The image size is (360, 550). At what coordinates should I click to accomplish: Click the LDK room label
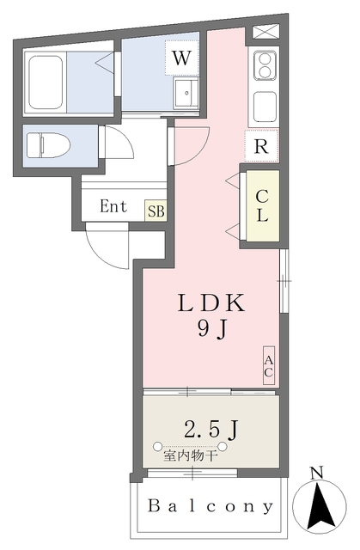211,302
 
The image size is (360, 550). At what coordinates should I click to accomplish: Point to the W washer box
180,58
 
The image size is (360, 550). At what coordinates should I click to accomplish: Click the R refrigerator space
261,145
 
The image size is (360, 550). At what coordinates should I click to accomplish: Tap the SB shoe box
156,210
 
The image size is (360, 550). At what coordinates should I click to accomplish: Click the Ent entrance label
113,207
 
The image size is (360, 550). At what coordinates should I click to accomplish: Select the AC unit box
269,367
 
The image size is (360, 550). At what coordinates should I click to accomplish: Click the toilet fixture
52,143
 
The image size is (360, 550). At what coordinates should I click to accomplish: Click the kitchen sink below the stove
263,107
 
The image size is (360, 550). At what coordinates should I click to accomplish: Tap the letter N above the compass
316,473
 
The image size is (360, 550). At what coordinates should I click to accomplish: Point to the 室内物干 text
192,455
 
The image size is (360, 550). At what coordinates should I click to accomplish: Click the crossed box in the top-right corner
263,34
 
